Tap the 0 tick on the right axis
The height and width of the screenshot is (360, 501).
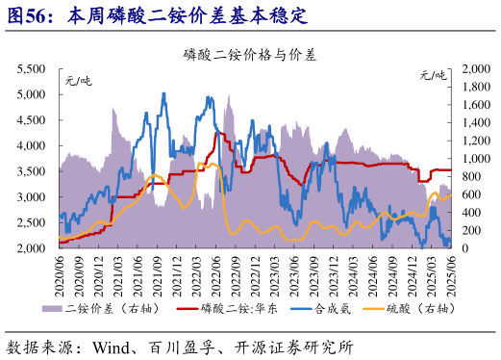[466, 248]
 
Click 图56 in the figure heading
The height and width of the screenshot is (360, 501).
[30, 16]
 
